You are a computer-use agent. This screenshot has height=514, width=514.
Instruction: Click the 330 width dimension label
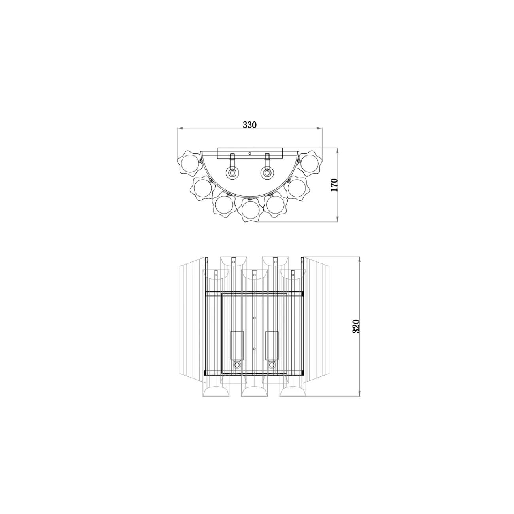249,125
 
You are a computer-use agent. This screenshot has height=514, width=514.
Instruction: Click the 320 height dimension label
356,327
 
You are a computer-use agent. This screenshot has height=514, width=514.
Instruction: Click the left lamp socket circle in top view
232,173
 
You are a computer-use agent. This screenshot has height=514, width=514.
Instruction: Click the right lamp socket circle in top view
267,173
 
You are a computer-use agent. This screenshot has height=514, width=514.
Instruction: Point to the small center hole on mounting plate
250,153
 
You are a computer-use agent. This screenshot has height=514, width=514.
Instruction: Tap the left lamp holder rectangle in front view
236,345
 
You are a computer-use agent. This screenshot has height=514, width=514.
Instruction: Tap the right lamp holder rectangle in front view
272,345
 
